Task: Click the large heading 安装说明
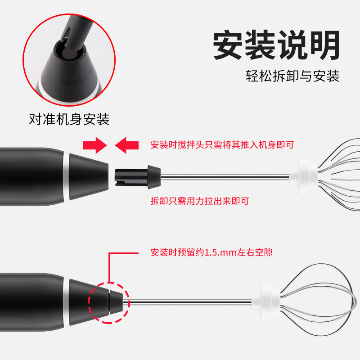tap(276, 45)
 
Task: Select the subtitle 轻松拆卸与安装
tap(292, 76)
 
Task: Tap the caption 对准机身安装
tap(69, 119)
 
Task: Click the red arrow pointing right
tap(95, 145)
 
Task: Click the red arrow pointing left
tap(127, 145)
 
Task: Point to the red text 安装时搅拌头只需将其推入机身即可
tap(222, 145)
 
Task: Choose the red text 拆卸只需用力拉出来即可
tap(200, 201)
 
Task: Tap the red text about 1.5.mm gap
tap(211, 252)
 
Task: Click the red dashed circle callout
tap(88, 303)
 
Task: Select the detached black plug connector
tap(138, 177)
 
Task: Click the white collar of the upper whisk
tap(303, 177)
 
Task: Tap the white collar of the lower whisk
tap(265, 302)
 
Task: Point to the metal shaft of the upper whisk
tap(225, 177)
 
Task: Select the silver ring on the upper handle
tap(66, 176)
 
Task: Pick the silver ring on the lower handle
tap(66, 302)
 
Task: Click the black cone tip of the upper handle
tap(89, 176)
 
